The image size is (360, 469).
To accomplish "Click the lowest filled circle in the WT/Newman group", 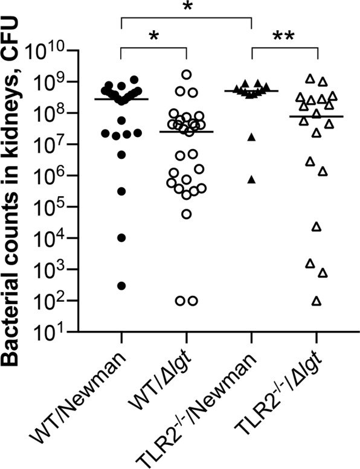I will click(121, 286).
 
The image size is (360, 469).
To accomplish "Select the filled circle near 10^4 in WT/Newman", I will click(121, 238).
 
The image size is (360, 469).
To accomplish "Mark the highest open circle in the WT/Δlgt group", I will click(187, 74).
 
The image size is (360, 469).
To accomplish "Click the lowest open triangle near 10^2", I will click(316, 301).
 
